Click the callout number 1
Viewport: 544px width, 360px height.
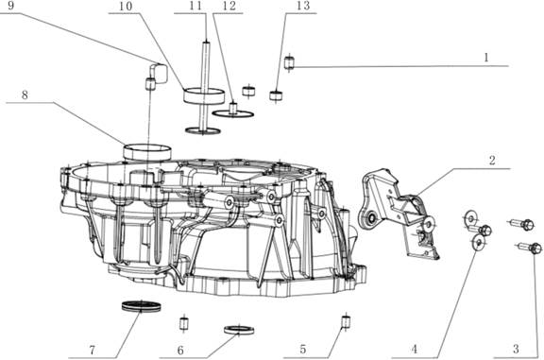point(486,58)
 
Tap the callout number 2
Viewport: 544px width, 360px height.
point(492,161)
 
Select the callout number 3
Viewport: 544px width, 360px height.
point(516,349)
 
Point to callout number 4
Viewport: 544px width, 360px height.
point(415,350)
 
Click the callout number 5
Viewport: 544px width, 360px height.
point(303,350)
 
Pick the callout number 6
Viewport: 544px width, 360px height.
point(180,351)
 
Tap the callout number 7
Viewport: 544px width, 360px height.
point(92,351)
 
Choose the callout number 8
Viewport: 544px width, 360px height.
point(25,94)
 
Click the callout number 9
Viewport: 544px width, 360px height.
point(10,6)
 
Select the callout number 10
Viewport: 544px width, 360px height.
point(126,6)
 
